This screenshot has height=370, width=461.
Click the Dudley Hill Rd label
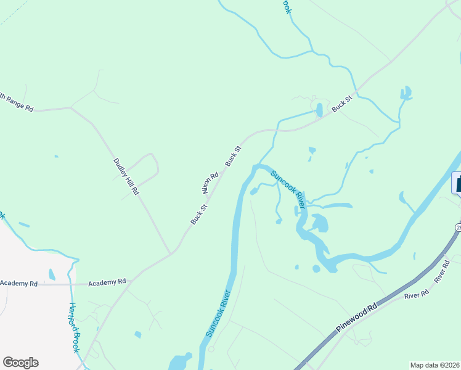[x=126, y=177]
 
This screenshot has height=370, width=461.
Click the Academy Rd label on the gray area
[x=18, y=283]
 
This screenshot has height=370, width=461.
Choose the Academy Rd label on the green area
[x=107, y=282]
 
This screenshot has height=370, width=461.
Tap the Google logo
[x=20, y=363]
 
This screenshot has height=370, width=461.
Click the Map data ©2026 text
[x=434, y=365]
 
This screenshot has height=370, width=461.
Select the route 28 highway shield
[x=458, y=228]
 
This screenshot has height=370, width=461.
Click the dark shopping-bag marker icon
[x=457, y=183]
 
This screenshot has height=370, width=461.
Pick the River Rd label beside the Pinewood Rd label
[x=416, y=295]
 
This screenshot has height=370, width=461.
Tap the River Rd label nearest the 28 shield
[x=442, y=271]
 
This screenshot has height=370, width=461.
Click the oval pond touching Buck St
[x=319, y=110]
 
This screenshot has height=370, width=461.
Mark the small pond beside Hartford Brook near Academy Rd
[x=51, y=274]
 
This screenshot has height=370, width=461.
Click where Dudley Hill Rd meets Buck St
[x=171, y=253]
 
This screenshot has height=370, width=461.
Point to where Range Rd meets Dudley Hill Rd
[x=71, y=107]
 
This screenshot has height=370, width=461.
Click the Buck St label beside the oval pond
[x=342, y=102]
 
